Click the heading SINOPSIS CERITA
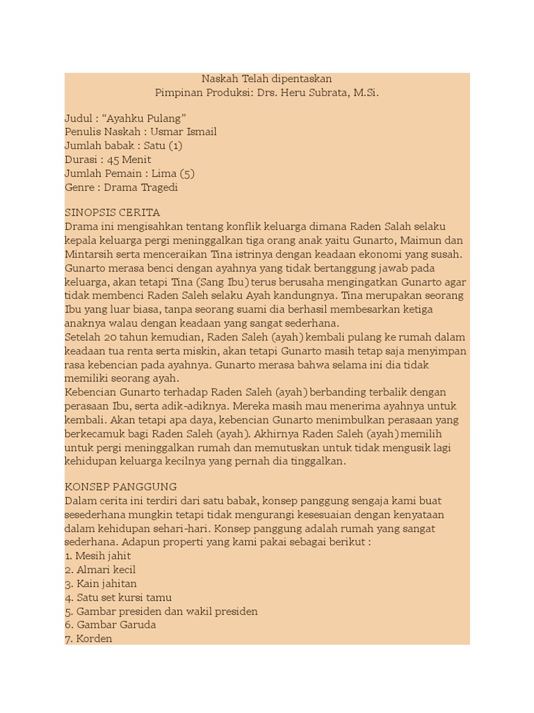[113, 213]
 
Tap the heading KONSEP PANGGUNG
[121, 487]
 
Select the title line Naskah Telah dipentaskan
[267, 79]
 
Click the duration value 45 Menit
[129, 159]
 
